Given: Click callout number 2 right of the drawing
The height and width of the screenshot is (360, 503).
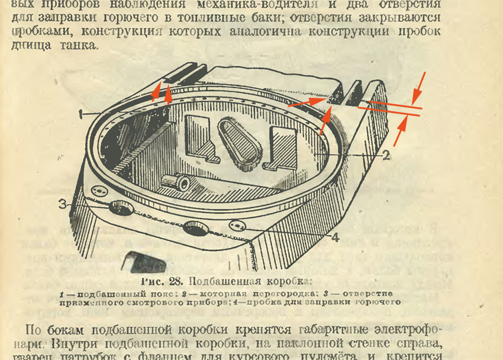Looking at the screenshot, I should click(385, 156).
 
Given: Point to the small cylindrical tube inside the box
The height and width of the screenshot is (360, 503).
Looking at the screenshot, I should click(177, 182).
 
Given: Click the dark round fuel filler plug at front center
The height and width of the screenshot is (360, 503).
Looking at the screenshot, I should click(195, 228).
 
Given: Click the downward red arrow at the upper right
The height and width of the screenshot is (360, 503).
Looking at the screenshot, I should click(418, 87).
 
